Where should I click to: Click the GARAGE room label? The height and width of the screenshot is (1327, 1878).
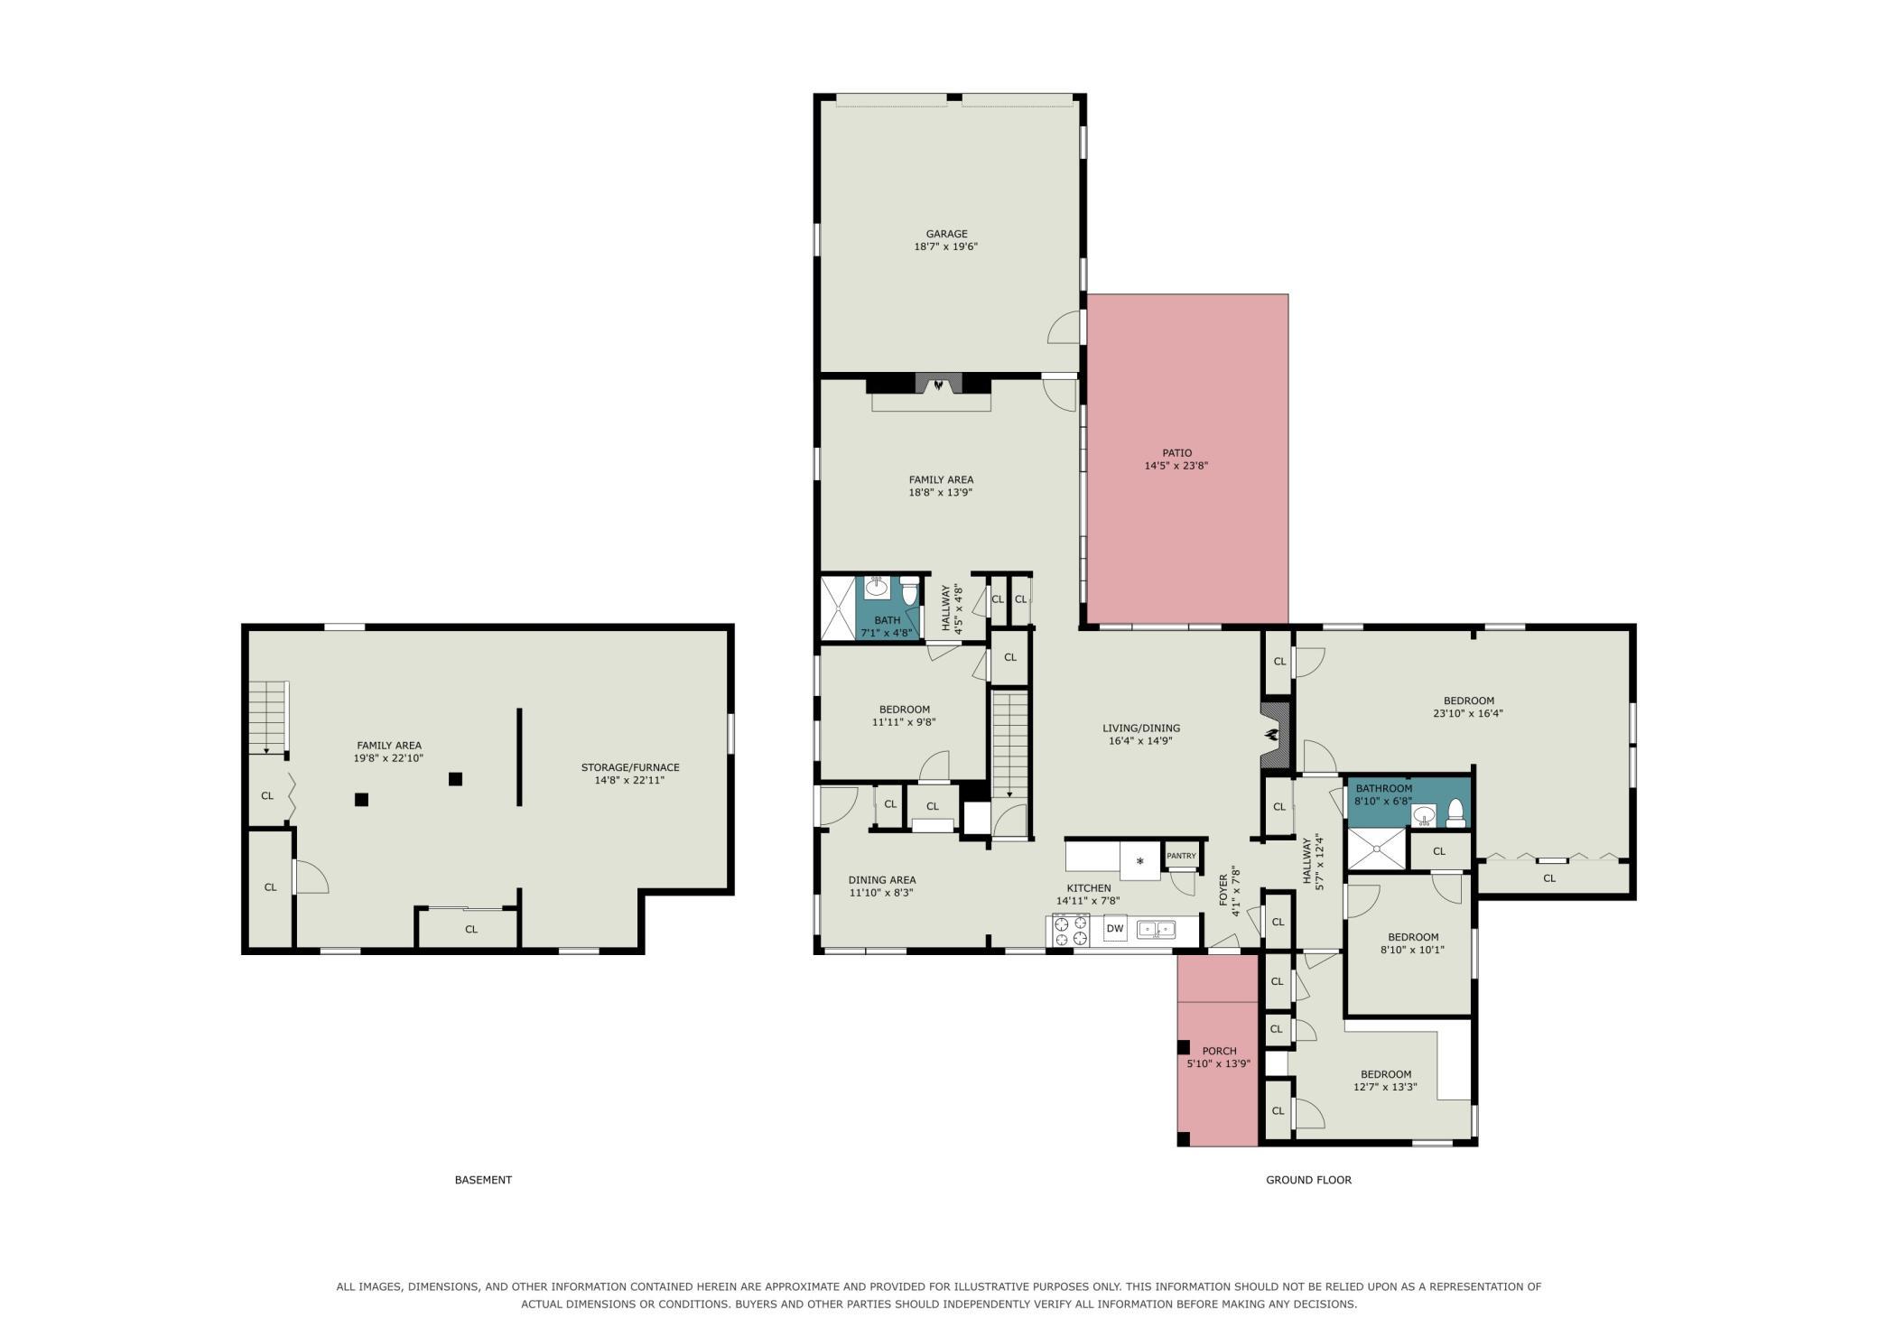[x=946, y=234]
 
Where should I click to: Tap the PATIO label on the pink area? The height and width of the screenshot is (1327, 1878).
[x=1176, y=453]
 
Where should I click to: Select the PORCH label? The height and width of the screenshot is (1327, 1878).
[x=1219, y=1051]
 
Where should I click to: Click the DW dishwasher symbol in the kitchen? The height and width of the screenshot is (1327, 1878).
[x=1115, y=928]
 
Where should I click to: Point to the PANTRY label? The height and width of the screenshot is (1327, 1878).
[x=1181, y=856]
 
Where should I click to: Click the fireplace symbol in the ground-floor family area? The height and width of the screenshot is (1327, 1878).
[x=940, y=384]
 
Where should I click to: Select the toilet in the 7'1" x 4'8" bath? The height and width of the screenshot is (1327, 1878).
[x=909, y=592]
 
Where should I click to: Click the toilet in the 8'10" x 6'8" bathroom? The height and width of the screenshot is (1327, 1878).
[x=1455, y=813]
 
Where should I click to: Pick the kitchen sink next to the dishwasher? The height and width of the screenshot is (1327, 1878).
[x=1156, y=929]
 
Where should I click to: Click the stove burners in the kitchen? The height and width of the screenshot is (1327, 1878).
[x=1072, y=930]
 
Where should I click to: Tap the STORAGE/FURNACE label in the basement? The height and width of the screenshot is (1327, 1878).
[x=630, y=767]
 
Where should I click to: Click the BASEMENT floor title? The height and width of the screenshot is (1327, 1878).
[x=483, y=1180]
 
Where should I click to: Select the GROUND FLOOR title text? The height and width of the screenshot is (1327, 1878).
[x=1308, y=1180]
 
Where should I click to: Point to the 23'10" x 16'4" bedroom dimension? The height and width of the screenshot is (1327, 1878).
[x=1468, y=713]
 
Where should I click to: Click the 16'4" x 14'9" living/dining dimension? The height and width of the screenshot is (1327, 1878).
[x=1140, y=741]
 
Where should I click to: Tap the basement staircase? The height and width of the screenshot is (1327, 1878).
[x=267, y=719]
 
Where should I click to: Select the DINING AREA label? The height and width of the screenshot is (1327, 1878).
[x=882, y=880]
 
